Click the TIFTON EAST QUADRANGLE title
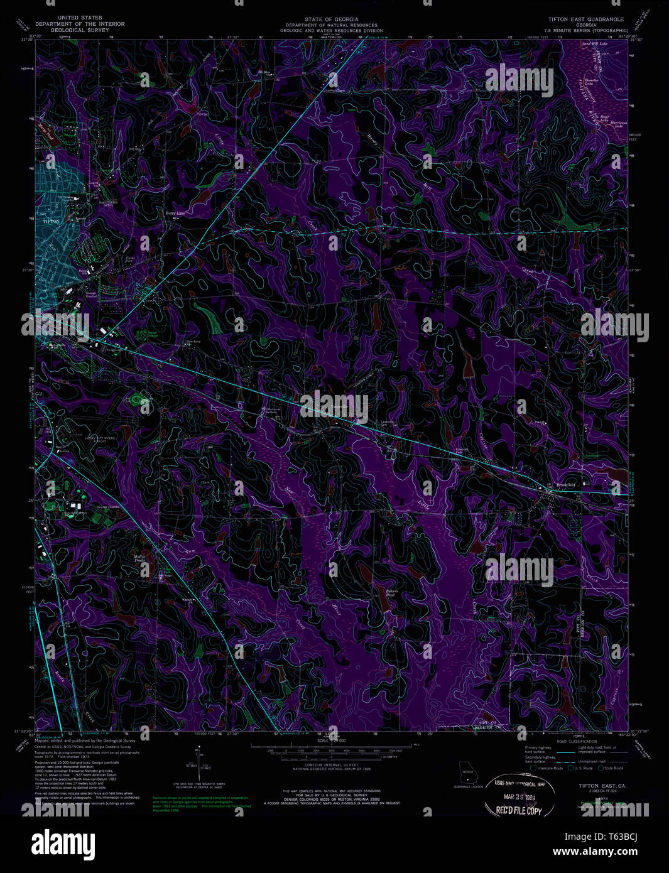(x=585, y=19)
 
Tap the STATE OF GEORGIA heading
(x=331, y=19)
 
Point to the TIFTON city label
(x=49, y=222)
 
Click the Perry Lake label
(x=175, y=214)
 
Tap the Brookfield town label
(x=565, y=484)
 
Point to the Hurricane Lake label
(x=620, y=124)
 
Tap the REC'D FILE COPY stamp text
(x=519, y=811)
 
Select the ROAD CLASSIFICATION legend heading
(x=574, y=742)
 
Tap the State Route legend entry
(x=610, y=768)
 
